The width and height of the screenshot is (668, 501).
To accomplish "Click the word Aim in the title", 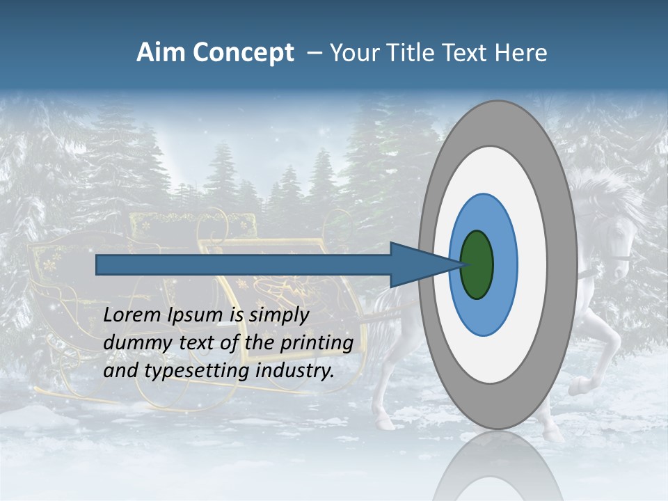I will [x=159, y=53].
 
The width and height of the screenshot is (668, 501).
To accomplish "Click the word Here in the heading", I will [x=520, y=53].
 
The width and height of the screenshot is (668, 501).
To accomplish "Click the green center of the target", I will [x=477, y=264].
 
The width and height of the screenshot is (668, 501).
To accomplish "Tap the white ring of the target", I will [x=532, y=264].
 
